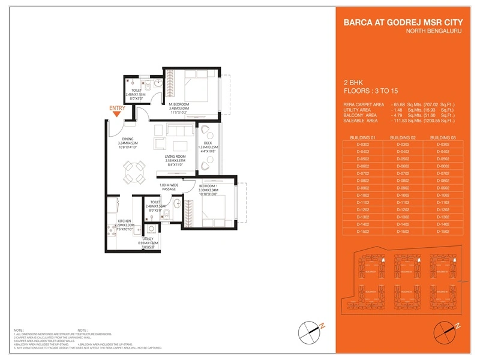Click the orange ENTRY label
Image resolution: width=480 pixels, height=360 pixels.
click(117, 108)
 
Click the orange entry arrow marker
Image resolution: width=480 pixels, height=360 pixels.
click(117, 114)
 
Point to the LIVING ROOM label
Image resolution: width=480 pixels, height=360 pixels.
click(175, 157)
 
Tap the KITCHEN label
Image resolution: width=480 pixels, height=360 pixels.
click(124, 221)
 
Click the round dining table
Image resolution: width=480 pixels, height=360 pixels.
click(136, 175)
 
